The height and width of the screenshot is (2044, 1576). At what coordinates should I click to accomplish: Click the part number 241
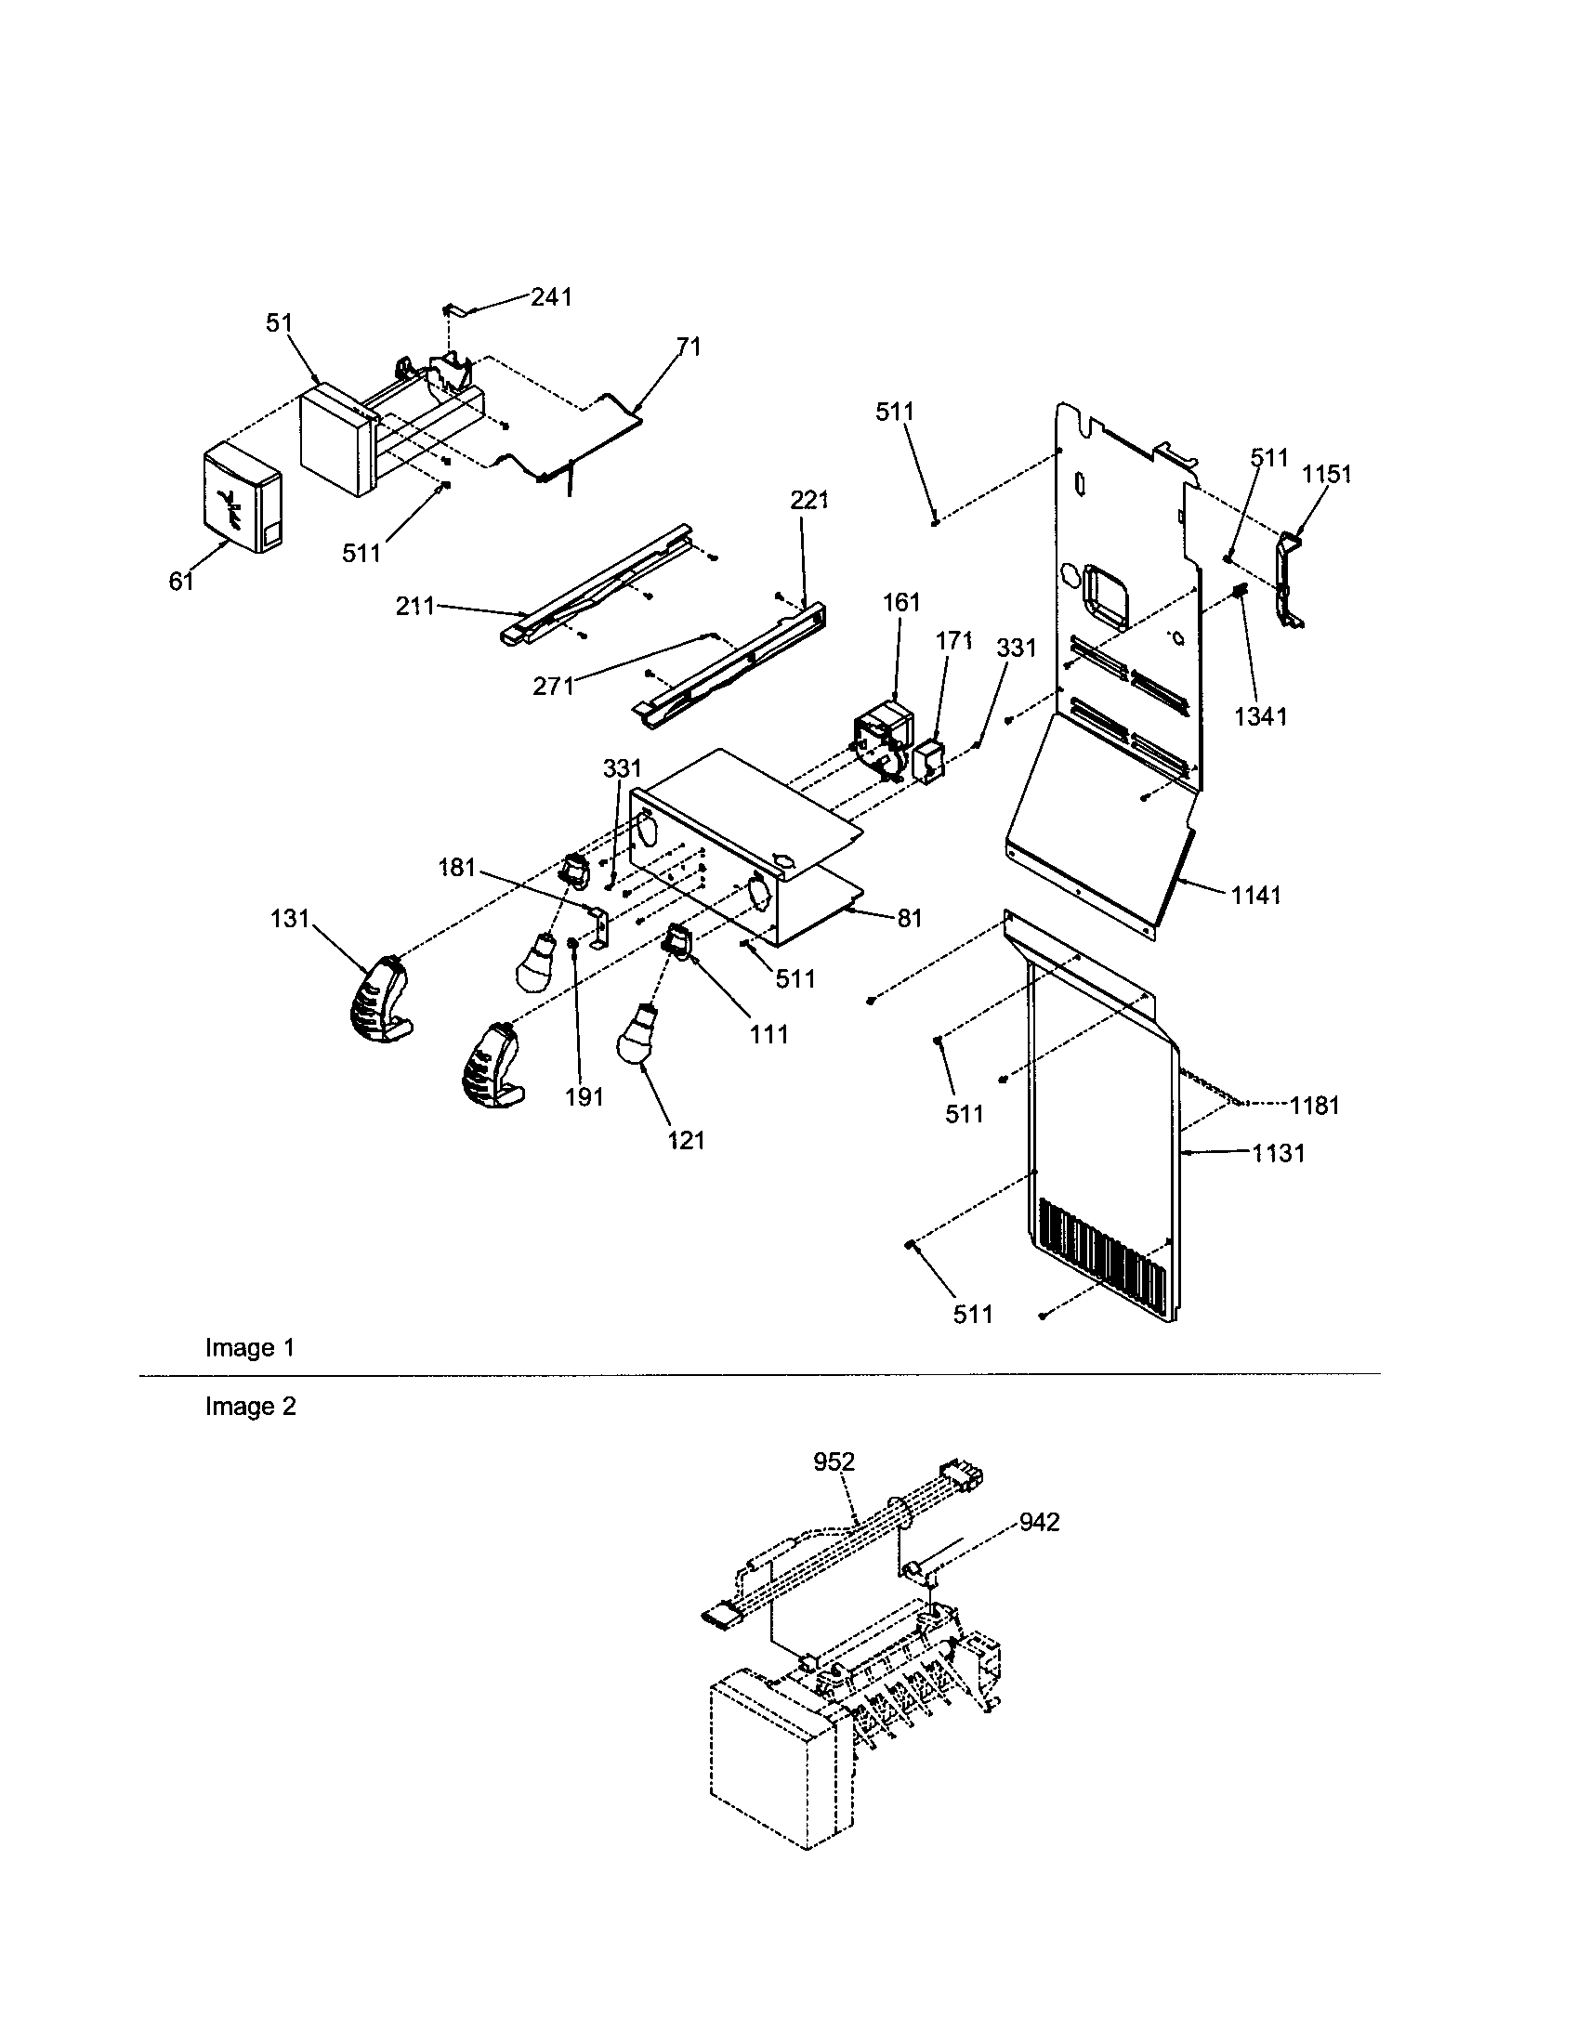(551, 296)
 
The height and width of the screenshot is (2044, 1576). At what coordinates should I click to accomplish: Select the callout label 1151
(1327, 475)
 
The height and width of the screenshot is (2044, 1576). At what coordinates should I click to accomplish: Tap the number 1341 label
(1261, 717)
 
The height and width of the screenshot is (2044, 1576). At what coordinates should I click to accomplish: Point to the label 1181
(1315, 1106)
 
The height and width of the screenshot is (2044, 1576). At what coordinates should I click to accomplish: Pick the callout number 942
(1039, 1523)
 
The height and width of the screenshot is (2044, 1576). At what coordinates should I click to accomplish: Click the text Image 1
(250, 1348)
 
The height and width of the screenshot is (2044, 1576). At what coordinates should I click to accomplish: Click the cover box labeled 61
(241, 499)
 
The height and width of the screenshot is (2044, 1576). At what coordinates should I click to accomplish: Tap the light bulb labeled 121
(638, 1040)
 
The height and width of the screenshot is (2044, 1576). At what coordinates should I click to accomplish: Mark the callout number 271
(553, 686)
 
